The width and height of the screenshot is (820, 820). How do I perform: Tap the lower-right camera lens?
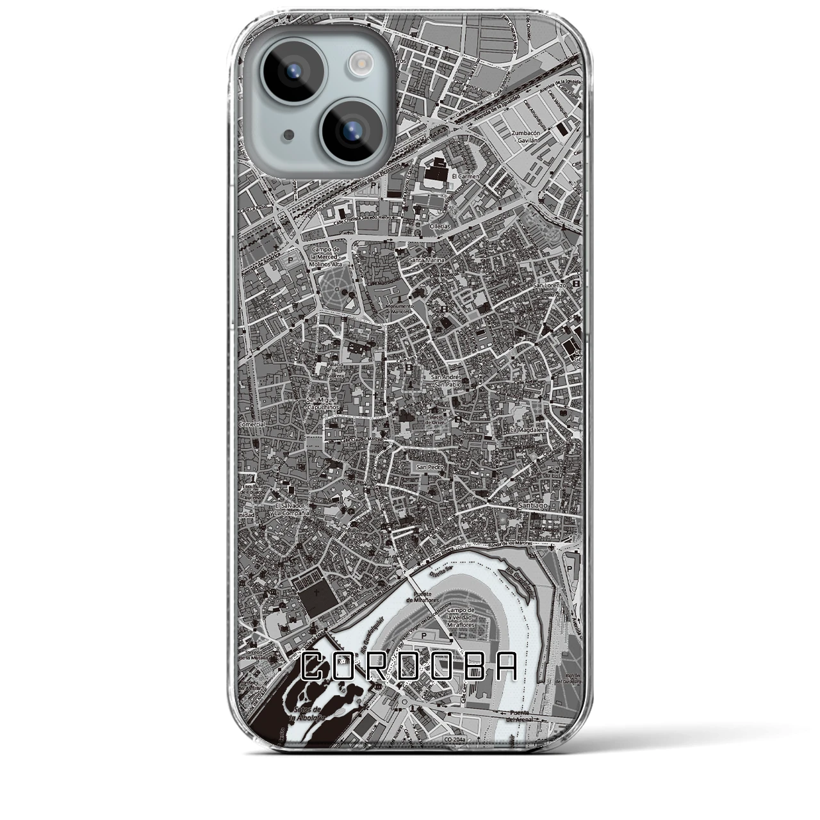coord(351,131)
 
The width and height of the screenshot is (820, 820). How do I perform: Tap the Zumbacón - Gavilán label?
coord(527,136)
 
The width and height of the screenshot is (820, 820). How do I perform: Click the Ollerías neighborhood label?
coord(440,226)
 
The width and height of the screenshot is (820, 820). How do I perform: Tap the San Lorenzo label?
coord(550,284)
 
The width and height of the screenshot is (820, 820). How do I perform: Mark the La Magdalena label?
coord(529,430)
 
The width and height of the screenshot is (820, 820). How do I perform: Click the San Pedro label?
coord(430,467)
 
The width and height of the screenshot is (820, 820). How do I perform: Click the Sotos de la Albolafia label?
coord(306,714)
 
